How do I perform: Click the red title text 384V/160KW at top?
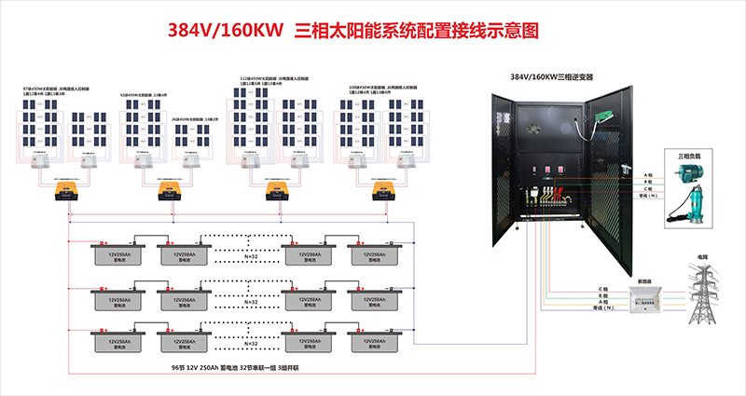click(224, 30)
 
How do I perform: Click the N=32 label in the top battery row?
click(250, 256)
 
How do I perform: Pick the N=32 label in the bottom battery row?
click(250, 346)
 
